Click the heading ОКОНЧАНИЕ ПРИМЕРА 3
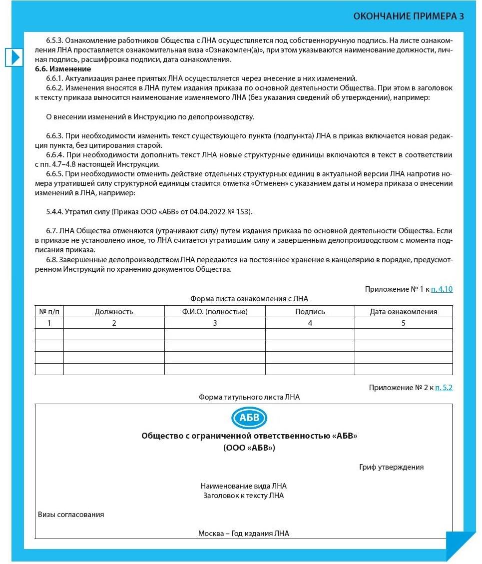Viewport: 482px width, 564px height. point(409,16)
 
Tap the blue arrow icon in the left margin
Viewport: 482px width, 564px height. point(14,57)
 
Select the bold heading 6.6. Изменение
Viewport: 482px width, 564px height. point(63,68)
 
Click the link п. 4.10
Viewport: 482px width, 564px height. point(442,289)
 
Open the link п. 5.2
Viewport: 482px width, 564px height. point(444,387)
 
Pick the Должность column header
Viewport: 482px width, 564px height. point(114,311)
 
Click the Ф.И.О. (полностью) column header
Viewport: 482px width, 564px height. point(215,311)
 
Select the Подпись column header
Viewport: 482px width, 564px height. point(310,311)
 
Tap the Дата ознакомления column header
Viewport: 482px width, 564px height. point(403,311)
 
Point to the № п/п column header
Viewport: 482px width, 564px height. point(49,311)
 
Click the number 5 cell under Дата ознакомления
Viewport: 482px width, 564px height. point(403,323)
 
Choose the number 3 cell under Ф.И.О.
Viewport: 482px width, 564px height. point(215,323)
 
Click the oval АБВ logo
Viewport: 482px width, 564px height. point(249,418)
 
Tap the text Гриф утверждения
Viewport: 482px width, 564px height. point(391,467)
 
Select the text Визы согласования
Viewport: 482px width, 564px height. point(71,514)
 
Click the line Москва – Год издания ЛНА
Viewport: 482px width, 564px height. point(243,533)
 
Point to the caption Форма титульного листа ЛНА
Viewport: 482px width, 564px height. point(249,397)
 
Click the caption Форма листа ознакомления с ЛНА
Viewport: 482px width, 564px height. point(249,299)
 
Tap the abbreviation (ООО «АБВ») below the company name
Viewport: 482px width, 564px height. point(249,448)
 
